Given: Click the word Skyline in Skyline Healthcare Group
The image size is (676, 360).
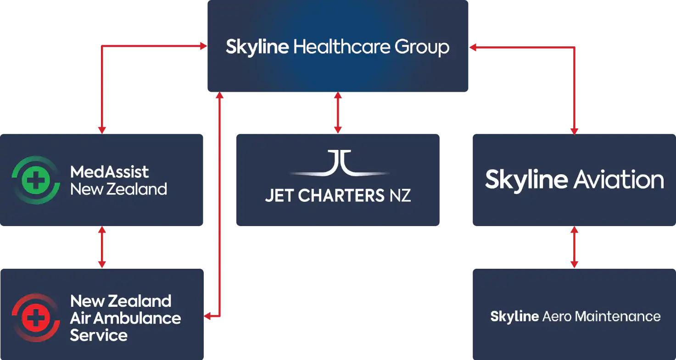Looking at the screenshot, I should coord(257,47).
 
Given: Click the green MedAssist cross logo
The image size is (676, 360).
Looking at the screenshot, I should coord(36,180).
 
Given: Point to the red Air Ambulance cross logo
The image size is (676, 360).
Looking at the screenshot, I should coord(36,317).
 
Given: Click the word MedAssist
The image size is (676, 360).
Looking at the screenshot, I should coord(109,172).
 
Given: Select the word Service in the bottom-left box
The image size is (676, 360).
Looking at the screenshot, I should coord(98,335).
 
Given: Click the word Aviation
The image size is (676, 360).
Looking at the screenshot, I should coord(618,179).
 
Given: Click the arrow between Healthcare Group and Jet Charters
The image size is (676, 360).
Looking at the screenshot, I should coord(338,112).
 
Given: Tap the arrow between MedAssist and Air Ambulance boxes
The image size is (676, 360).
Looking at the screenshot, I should coord(102,247).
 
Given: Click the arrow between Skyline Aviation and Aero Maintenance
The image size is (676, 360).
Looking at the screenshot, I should coord(574,247).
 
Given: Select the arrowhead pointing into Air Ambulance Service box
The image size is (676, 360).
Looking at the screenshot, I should coord(207,316).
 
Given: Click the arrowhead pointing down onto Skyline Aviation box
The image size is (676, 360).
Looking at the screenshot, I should coord(574,130).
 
